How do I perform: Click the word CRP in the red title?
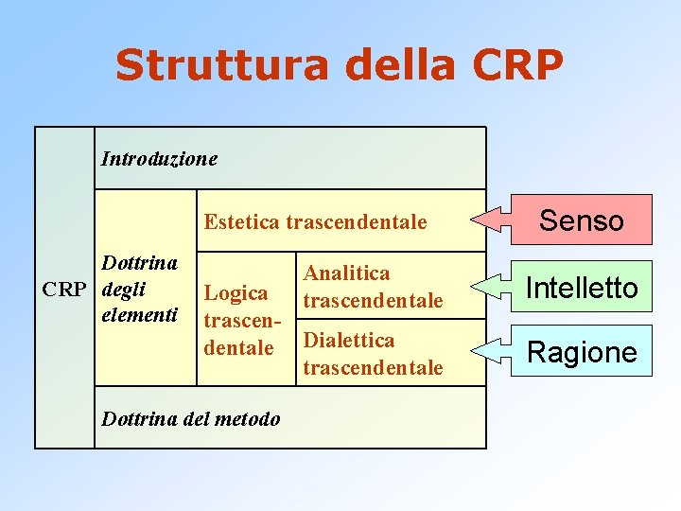[x=517, y=65]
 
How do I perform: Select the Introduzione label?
[x=159, y=158]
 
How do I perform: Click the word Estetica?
[x=241, y=223]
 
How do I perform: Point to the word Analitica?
[x=346, y=273]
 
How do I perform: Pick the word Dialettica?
[x=347, y=340]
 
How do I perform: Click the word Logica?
[x=236, y=293]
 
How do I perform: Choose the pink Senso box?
[x=582, y=220]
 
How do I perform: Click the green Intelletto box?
[x=582, y=287]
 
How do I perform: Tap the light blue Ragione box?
[x=582, y=352]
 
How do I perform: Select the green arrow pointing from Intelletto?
[x=502, y=286]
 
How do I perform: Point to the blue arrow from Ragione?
[x=502, y=351]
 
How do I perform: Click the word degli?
[x=123, y=289]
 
